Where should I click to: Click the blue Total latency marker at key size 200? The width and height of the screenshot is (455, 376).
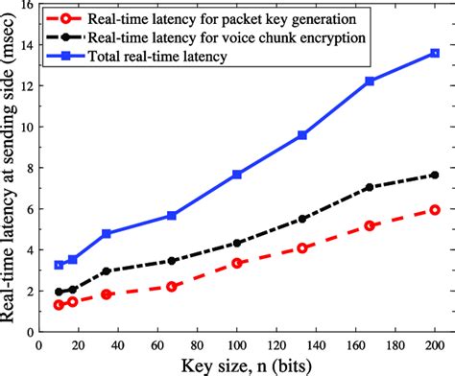click(x=435, y=54)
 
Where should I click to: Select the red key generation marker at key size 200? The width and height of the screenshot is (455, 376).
click(x=435, y=209)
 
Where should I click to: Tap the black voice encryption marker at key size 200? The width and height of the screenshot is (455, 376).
click(x=435, y=175)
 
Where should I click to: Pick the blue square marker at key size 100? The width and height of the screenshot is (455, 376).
click(x=237, y=175)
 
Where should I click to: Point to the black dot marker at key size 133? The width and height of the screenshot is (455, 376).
click(x=302, y=219)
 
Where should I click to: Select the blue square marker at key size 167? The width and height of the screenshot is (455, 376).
click(x=370, y=82)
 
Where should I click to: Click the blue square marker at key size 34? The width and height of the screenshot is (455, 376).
click(x=107, y=233)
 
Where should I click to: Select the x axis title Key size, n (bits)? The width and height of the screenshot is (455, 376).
click(x=237, y=365)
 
